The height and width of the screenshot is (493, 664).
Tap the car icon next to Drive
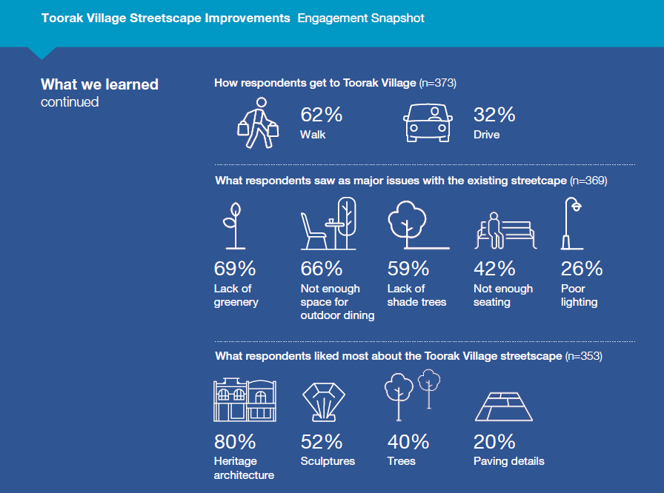(427, 122)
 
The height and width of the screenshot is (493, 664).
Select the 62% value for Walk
(321, 115)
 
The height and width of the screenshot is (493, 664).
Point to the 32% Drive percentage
(494, 115)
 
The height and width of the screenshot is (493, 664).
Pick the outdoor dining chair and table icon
(330, 224)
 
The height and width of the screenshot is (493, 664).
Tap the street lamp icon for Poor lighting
(571, 224)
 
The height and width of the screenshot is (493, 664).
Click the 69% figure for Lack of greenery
(235, 269)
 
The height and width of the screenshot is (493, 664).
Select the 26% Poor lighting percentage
(582, 269)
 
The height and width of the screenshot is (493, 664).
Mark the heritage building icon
(245, 400)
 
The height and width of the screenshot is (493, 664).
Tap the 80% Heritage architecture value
(235, 442)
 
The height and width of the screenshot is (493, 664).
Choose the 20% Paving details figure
(494, 442)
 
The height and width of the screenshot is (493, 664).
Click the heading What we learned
(99, 84)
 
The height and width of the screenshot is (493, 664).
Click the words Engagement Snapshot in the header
(361, 18)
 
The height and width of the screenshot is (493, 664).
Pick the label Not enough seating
(503, 295)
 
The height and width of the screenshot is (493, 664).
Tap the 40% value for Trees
(408, 442)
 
